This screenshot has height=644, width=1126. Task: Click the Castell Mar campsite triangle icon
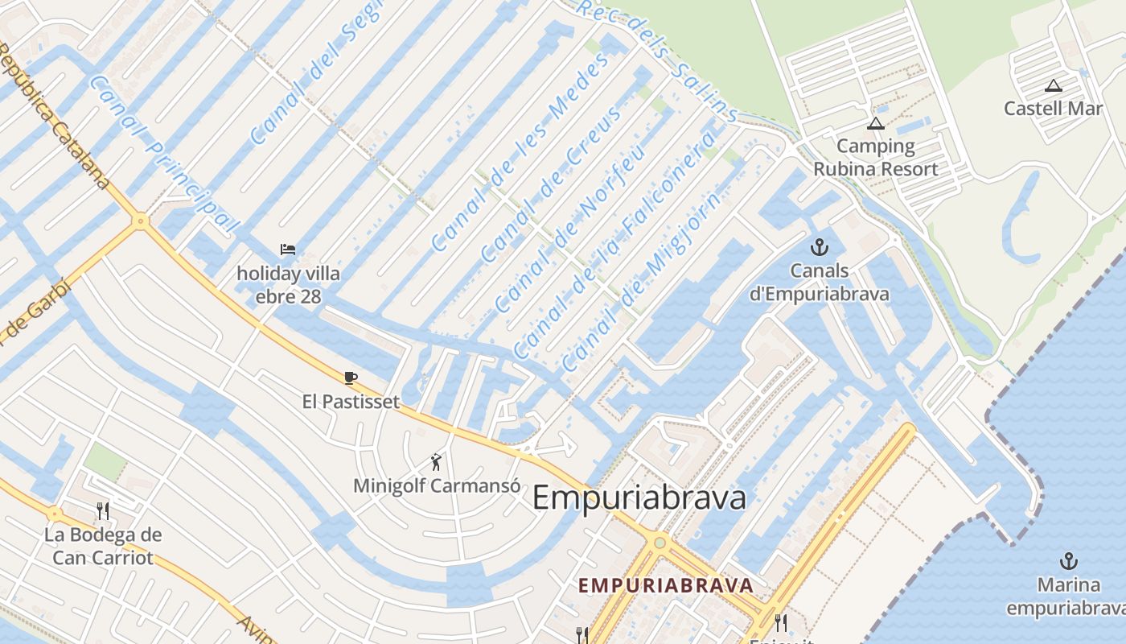(x=1053, y=86)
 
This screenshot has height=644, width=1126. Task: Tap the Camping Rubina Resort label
(x=875, y=158)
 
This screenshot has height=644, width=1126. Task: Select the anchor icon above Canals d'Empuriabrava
(x=819, y=247)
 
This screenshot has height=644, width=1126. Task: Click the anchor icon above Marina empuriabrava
(x=1068, y=561)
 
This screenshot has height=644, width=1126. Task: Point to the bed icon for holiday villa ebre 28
(x=287, y=250)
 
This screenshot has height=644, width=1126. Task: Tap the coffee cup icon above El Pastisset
(x=350, y=377)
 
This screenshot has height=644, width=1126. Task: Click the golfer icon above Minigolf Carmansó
(x=436, y=462)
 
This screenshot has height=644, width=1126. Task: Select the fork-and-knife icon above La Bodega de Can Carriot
(x=102, y=510)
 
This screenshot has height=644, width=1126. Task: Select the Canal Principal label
(x=164, y=153)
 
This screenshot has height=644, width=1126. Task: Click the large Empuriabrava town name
(x=639, y=498)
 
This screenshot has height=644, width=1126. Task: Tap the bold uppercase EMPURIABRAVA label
(x=666, y=585)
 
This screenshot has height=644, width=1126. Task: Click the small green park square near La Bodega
(x=105, y=461)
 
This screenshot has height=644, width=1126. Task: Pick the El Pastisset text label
(x=351, y=401)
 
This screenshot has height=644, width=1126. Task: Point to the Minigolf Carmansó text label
(x=437, y=486)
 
